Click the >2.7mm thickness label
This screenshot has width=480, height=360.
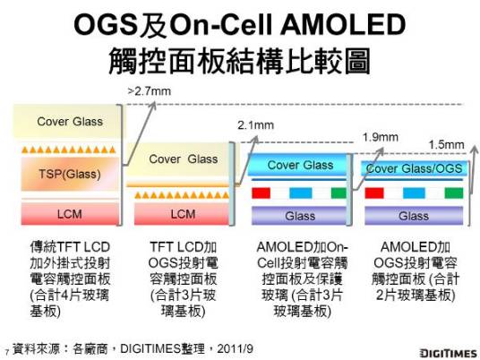[x=150, y=91]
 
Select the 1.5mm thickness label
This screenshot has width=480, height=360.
[x=446, y=144]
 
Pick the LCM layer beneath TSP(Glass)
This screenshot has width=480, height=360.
[x=69, y=214]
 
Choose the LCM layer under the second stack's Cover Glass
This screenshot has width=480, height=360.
[x=183, y=214]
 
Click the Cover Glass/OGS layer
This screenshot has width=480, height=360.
[x=413, y=168]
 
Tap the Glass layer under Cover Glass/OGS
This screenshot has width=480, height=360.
[x=413, y=216]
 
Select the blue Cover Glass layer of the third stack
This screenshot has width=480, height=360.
[x=300, y=166]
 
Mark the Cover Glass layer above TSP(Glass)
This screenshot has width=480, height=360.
[x=69, y=121]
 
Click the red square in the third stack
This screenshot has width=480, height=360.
[x=261, y=193]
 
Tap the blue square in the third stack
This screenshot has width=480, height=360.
[x=299, y=193]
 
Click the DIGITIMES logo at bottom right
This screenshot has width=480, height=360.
[x=445, y=349]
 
